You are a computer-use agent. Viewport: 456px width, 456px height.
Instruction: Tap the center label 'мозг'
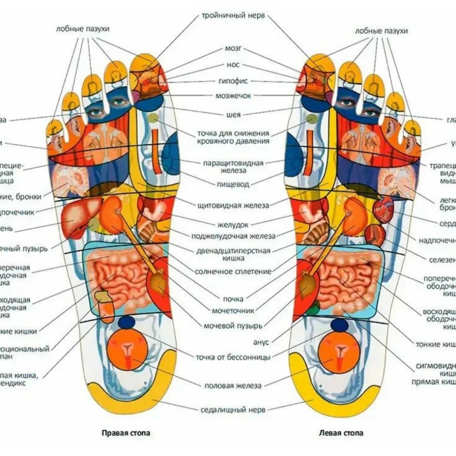pyautogui.click(x=233, y=48)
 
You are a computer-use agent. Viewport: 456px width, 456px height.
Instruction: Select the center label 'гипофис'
pyautogui.click(x=233, y=81)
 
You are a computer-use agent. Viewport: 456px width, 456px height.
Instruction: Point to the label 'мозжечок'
pyautogui.click(x=233, y=96)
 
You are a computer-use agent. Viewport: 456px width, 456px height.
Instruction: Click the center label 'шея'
pyautogui.click(x=233, y=115)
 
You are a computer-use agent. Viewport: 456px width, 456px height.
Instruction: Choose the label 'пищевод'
pyautogui.click(x=233, y=184)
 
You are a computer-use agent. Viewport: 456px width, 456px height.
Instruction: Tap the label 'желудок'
pyautogui.click(x=233, y=224)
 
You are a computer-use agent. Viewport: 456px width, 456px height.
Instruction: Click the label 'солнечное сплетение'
pyautogui.click(x=233, y=271)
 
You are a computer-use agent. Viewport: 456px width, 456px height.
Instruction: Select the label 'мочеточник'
pyautogui.click(x=233, y=311)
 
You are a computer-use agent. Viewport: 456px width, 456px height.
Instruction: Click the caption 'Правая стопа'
pyautogui.click(x=126, y=432)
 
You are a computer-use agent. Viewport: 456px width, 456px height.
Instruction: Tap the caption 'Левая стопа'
pyautogui.click(x=341, y=432)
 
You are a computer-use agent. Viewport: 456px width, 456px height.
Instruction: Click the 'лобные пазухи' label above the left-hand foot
pyautogui.click(x=83, y=29)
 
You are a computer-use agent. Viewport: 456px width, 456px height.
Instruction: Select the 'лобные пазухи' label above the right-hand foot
pyautogui.click(x=381, y=31)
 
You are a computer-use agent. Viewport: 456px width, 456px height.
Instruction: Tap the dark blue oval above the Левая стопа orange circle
pyautogui.click(x=339, y=325)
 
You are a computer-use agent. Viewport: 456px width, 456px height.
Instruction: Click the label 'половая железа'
pyautogui.click(x=233, y=386)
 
